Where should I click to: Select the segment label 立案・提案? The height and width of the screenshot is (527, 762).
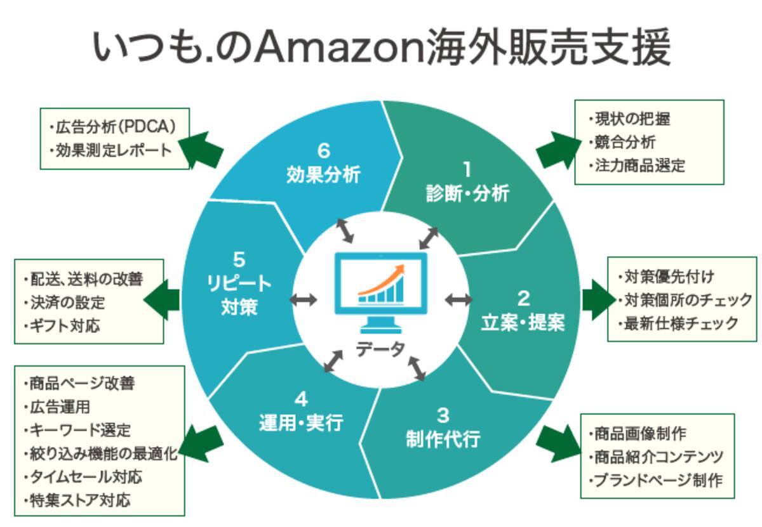pyautogui.click(x=522, y=322)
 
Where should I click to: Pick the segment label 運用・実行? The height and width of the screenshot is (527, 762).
pyautogui.click(x=301, y=422)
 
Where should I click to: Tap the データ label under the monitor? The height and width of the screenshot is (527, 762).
pyautogui.click(x=380, y=348)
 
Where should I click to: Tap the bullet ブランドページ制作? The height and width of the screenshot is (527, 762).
pyautogui.click(x=658, y=480)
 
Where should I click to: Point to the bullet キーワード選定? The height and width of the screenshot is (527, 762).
pyautogui.click(x=80, y=430)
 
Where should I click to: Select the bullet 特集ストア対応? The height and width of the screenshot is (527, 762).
pyautogui.click(x=80, y=500)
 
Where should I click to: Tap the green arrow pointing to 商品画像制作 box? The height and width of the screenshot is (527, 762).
pyautogui.click(x=557, y=443)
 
